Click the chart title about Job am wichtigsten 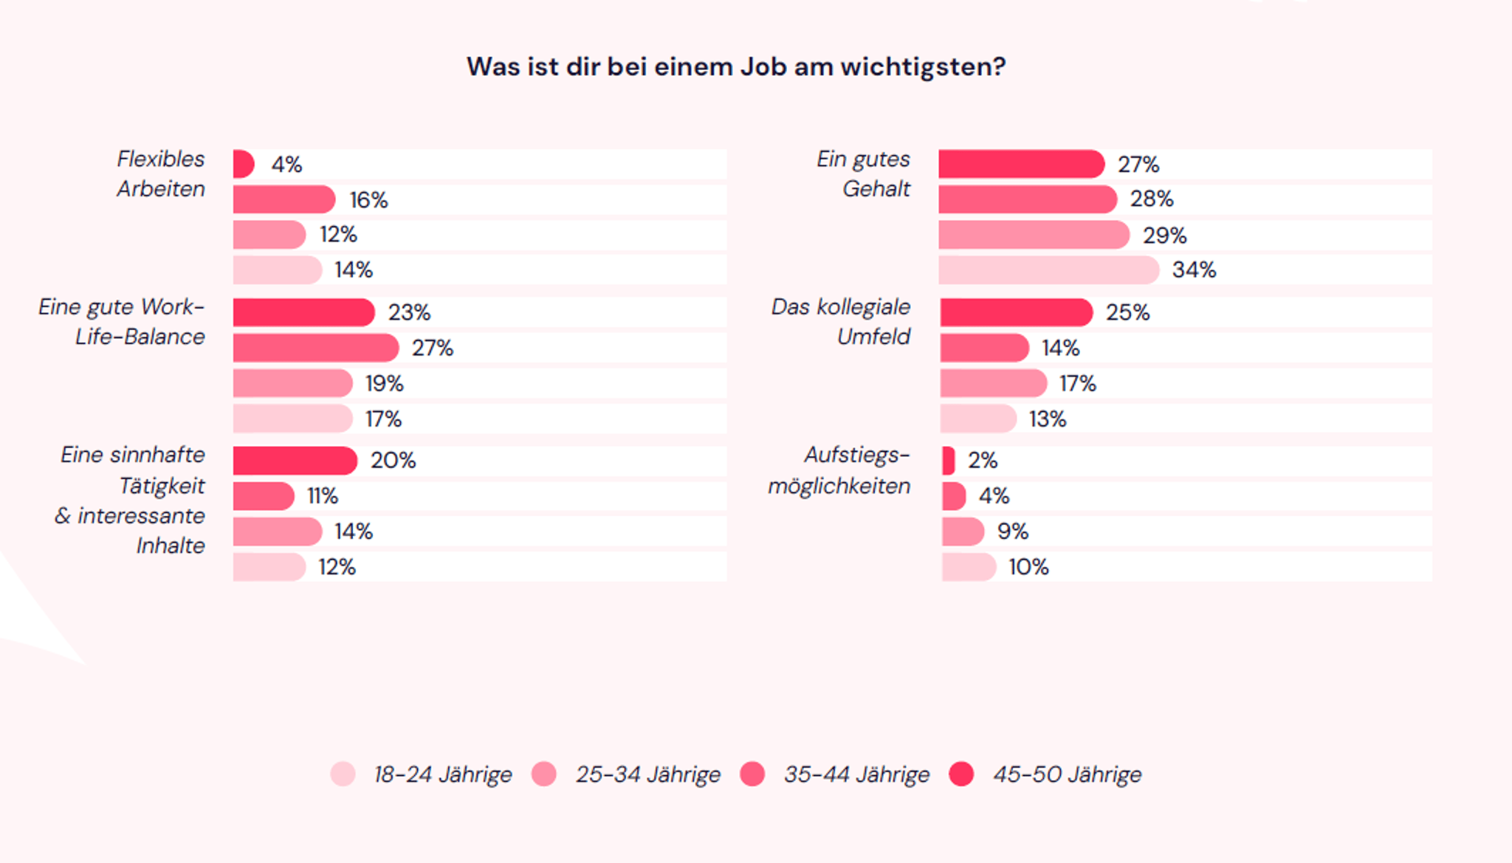(x=736, y=67)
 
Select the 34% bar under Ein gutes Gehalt (x=1048, y=270)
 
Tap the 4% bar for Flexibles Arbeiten (x=243, y=164)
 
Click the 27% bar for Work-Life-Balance (x=315, y=348)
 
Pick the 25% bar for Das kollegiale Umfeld (x=1016, y=312)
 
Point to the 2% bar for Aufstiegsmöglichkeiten (x=948, y=461)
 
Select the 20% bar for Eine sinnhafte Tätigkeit (x=295, y=461)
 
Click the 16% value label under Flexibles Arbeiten (x=368, y=200)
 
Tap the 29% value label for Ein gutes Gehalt (x=1164, y=235)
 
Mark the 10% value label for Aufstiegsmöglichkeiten (x=1028, y=567)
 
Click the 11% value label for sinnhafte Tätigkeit (x=323, y=496)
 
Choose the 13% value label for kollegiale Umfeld (x=1048, y=419)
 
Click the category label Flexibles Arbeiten (x=160, y=174)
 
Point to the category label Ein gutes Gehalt (x=863, y=174)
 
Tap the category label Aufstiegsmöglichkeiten (x=839, y=470)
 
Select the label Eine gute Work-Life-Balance (x=122, y=322)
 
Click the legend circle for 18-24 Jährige (x=343, y=774)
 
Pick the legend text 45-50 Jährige (x=1067, y=774)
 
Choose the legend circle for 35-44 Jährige (x=752, y=774)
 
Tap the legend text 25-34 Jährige (x=647, y=774)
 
